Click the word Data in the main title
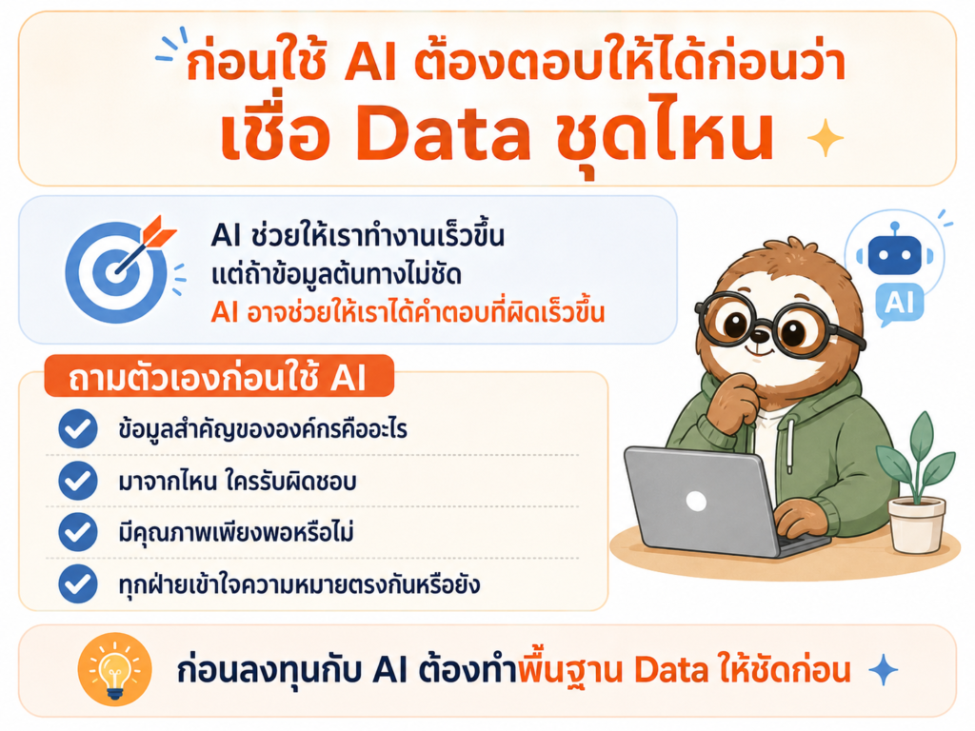pos(443,132)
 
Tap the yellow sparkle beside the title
pos(826,138)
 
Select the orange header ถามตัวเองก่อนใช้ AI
pos(219,377)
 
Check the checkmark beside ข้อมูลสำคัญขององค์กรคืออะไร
pos(78,429)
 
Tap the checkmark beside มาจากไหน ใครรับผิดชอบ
pos(78,481)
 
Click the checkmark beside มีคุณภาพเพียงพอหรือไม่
pos(78,532)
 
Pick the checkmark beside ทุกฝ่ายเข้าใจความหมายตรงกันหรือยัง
pos(78,583)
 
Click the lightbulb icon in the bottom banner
pos(115,669)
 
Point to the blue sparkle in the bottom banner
pos(883,670)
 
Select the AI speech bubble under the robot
pos(899,304)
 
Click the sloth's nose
pos(760,336)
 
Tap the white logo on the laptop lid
pos(696,501)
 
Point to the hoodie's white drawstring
pos(790,445)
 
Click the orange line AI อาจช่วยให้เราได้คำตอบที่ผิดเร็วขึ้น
pos(408,311)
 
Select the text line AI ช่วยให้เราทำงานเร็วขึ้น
pos(358,236)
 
